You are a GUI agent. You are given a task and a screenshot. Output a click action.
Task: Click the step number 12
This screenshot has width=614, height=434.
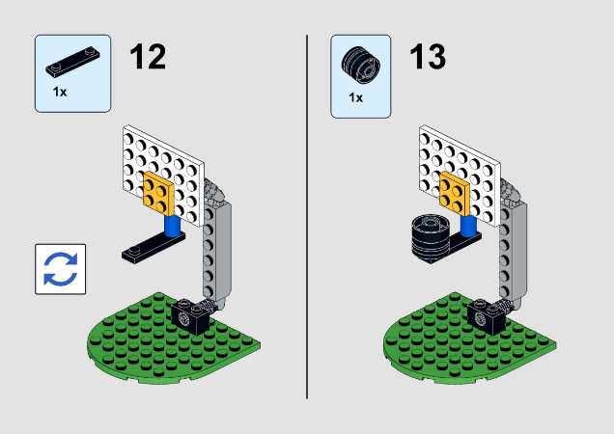click(148, 57)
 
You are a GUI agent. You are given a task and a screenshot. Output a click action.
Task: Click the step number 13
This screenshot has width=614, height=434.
click(428, 57)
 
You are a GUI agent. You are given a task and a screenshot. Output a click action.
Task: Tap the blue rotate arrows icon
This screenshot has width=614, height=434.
click(60, 269)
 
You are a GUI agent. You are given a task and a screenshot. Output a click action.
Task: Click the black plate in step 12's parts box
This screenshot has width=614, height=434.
click(72, 62)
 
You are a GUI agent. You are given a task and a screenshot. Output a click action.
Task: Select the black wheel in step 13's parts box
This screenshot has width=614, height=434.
click(361, 65)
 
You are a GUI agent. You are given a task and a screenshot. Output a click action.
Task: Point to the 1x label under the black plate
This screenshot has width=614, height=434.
click(60, 92)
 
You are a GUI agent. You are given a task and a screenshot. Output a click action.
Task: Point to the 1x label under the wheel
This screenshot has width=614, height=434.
click(356, 97)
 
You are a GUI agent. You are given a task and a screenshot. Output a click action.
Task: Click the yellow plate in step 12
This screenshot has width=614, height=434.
click(158, 193)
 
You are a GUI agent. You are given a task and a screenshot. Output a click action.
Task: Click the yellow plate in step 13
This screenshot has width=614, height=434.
click(455, 193)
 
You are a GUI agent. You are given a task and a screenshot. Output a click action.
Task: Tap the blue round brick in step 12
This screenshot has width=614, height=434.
click(172, 226)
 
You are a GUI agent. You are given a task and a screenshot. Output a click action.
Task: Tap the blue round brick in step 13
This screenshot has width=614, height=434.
click(468, 226)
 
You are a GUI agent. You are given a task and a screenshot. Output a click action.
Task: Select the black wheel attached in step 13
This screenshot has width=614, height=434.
click(431, 239)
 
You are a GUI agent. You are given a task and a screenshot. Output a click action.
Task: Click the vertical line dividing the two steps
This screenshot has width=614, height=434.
click(307, 217)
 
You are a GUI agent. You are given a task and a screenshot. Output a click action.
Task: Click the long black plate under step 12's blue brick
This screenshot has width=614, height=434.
click(153, 247)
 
